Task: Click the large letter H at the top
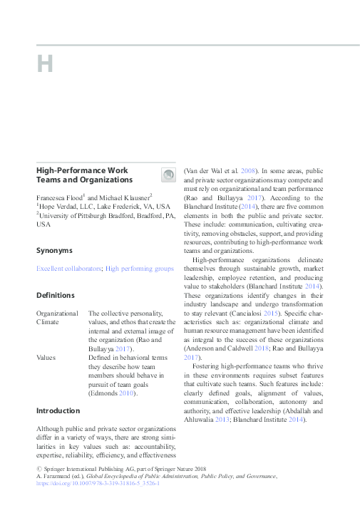(45, 64)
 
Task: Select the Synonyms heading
(56, 250)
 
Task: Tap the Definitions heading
(56, 295)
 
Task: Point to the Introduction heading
(59, 410)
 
